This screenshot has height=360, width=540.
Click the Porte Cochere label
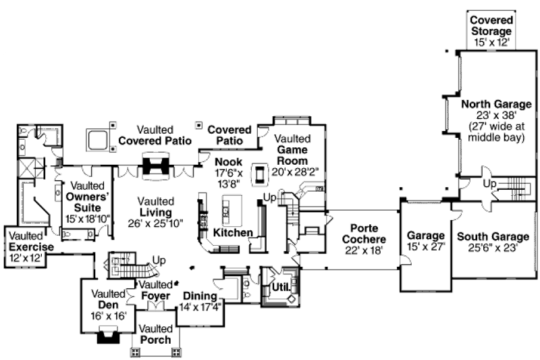[364, 234]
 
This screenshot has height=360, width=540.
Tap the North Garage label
[496, 104]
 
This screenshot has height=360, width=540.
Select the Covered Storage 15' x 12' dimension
[491, 43]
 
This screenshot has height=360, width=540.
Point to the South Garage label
[493, 236]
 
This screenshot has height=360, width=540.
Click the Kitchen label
[233, 232]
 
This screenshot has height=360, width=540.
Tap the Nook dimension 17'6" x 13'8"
[229, 178]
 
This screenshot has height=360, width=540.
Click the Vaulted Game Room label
[292, 149]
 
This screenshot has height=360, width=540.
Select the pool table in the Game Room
[259, 175]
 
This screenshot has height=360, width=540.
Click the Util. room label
[281, 287]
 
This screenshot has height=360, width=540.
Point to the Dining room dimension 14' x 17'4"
[200, 307]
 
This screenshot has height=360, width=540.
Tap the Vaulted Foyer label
[156, 290]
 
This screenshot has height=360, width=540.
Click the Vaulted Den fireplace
[109, 335]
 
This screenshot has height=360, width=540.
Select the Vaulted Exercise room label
[31, 242]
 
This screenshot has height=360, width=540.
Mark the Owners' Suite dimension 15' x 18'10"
[88, 219]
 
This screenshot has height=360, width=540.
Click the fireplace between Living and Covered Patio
[156, 166]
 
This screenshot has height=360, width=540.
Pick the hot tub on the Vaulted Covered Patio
[97, 140]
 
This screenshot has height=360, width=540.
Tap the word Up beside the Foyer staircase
[159, 261]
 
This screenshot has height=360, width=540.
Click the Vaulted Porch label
[156, 334]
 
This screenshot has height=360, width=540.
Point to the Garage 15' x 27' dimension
[426, 247]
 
